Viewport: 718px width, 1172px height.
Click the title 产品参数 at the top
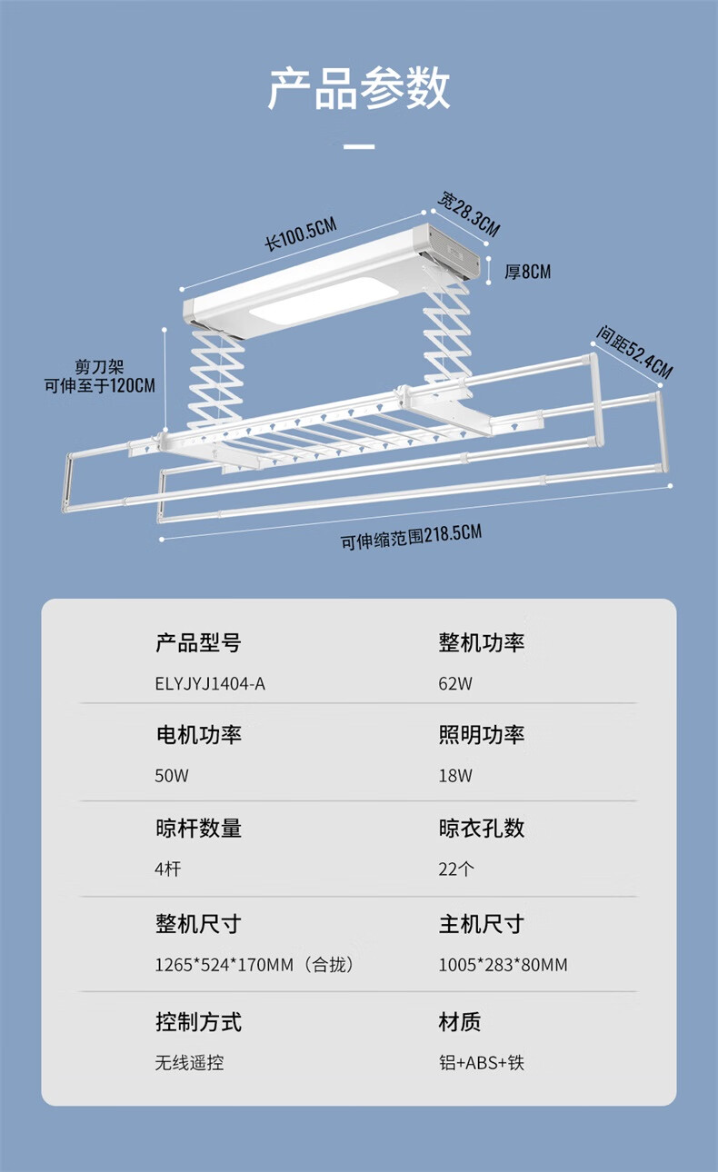click(359, 89)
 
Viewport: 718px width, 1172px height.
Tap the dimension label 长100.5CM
click(301, 235)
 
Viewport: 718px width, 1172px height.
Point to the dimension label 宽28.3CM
click(469, 213)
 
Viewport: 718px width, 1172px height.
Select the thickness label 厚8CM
click(527, 272)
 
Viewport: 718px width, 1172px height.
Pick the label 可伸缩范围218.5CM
click(411, 537)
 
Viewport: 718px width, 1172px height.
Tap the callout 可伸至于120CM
click(100, 385)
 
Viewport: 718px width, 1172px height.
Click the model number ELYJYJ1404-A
click(210, 683)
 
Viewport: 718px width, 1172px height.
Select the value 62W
click(455, 683)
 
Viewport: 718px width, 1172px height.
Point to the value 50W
click(172, 776)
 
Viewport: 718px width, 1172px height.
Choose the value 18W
click(455, 776)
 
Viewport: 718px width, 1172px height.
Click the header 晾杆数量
click(198, 829)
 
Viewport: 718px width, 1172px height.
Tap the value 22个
click(456, 869)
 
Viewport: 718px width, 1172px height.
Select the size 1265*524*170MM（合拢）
click(254, 965)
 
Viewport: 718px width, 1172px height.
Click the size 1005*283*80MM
click(503, 965)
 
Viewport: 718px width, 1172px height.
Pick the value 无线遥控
click(189, 1061)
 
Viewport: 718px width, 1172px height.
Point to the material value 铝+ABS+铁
click(482, 1061)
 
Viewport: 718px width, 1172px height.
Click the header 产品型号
click(198, 643)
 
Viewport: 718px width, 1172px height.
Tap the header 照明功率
click(482, 735)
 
